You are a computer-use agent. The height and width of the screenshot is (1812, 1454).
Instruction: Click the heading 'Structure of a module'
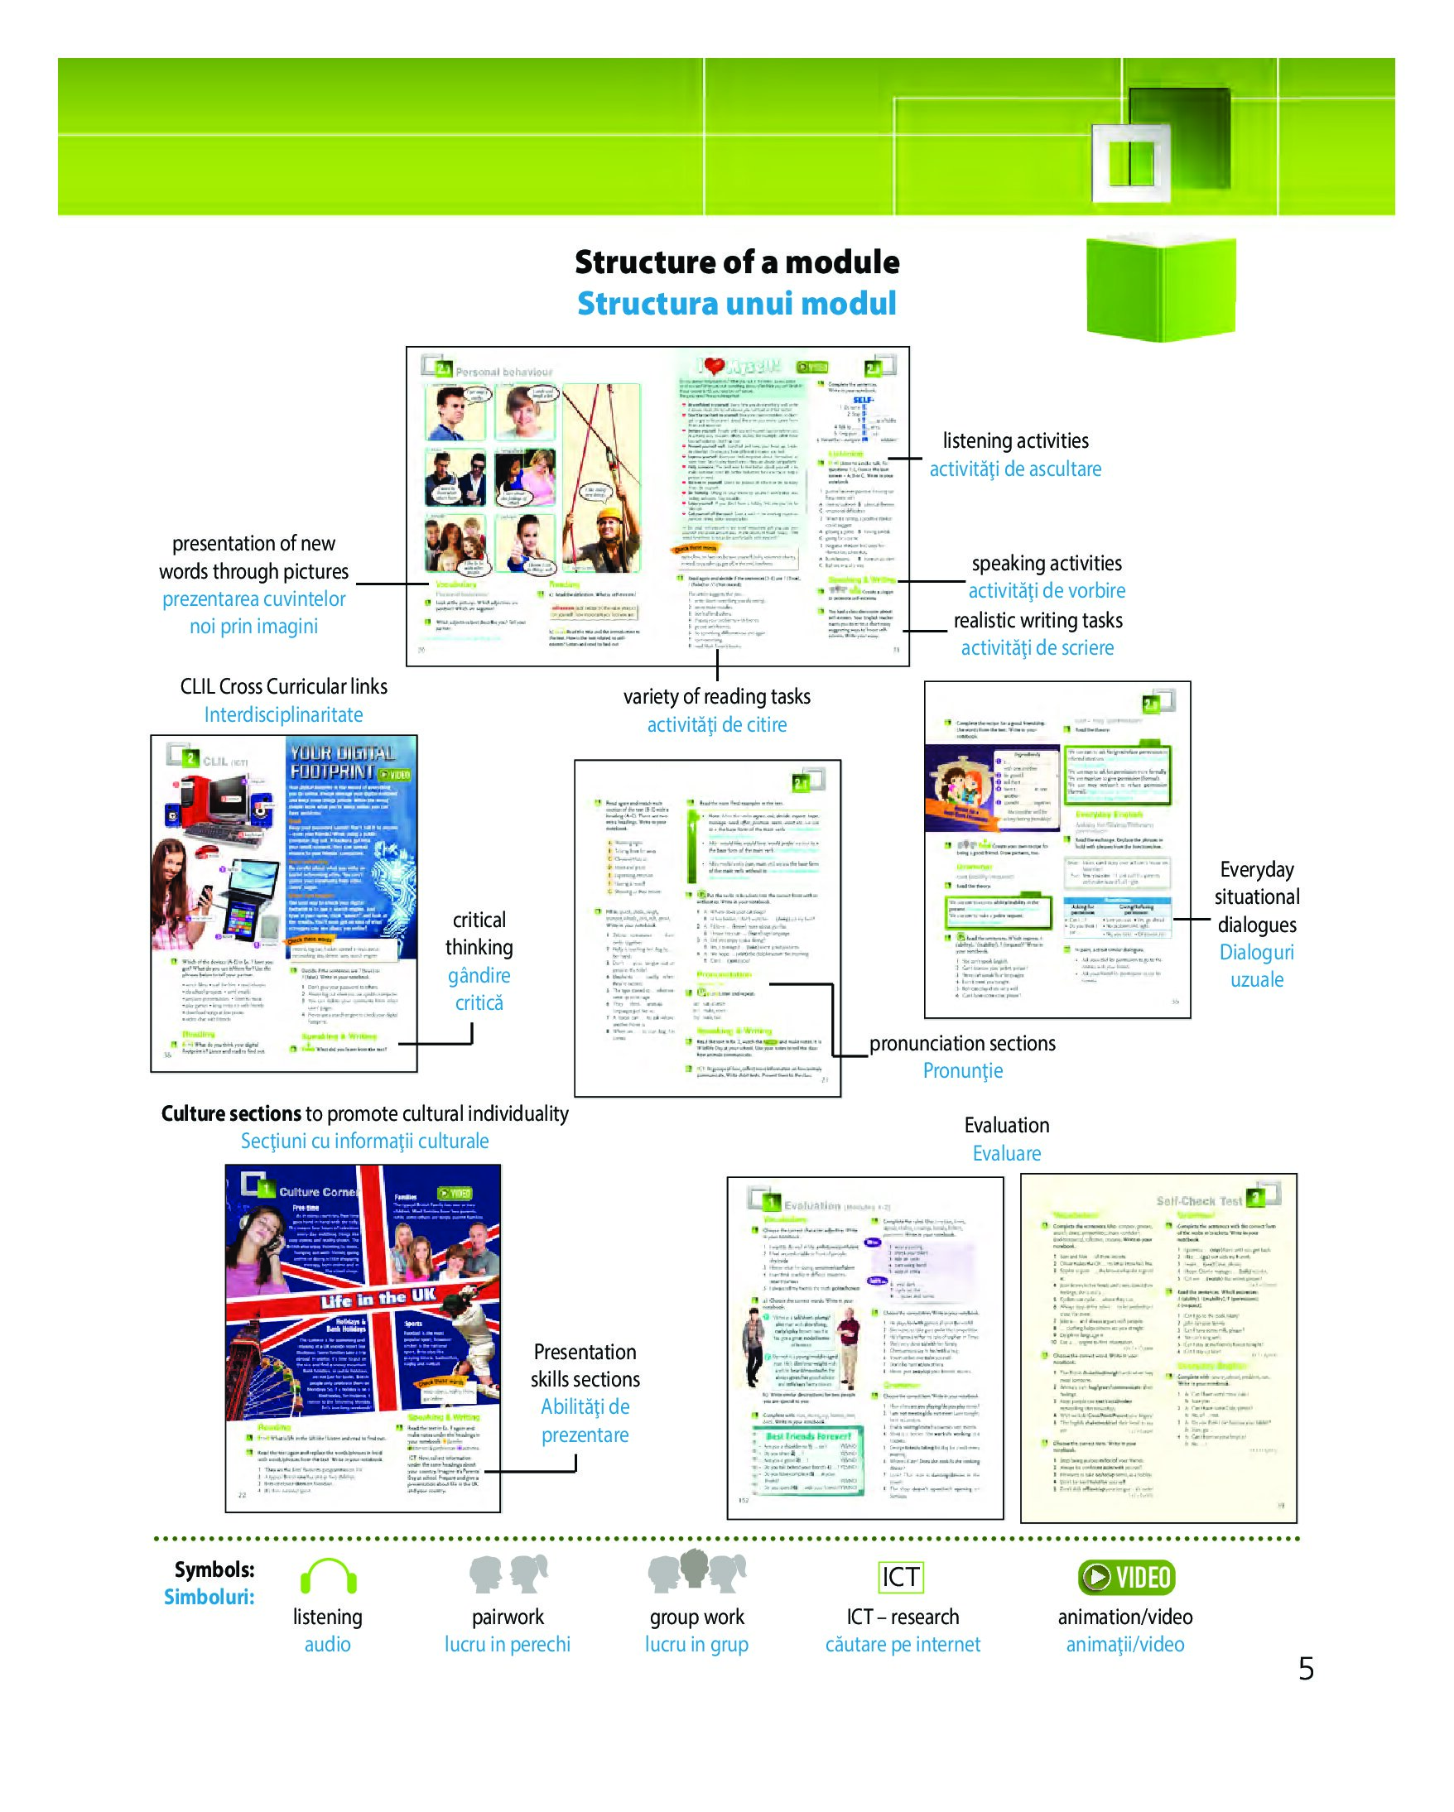(736, 262)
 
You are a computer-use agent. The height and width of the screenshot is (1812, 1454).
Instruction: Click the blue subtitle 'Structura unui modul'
(736, 304)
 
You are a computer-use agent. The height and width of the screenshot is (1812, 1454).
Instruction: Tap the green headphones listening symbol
(328, 1576)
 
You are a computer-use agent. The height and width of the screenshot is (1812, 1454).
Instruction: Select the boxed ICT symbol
(900, 1577)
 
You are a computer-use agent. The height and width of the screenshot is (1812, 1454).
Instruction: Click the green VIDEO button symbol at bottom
(1125, 1577)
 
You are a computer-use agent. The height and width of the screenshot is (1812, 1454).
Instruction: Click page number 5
(1305, 1668)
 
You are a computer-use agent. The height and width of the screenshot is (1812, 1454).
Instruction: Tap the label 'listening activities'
(1014, 440)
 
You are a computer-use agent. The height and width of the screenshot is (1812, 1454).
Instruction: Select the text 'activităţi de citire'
(716, 724)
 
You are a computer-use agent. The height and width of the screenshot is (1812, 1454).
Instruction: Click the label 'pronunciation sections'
(961, 1043)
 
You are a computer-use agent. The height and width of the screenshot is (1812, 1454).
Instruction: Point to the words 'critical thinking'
(479, 934)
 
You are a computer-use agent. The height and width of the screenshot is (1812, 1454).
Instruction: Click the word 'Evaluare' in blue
(1006, 1153)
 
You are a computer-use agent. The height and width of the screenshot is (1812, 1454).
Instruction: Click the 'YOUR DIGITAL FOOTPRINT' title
(343, 762)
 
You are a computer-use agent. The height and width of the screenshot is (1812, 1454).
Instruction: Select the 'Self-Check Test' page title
(1198, 1201)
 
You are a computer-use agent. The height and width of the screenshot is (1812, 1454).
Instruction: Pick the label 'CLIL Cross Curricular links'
(283, 687)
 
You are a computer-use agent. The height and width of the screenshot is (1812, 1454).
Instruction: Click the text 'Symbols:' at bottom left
(214, 1569)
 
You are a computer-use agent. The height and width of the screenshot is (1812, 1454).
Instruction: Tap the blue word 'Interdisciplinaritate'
(283, 714)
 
